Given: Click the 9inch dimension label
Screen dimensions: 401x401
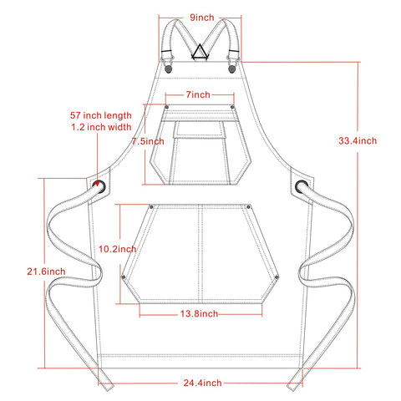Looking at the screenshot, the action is point(202,18).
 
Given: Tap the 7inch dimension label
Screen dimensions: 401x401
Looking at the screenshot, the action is point(198,94).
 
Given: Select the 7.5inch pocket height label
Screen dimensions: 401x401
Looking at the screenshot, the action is point(148,141).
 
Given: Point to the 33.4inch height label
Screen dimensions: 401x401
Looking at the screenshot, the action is point(358,140).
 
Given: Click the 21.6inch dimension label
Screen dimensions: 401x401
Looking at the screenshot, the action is point(46,272).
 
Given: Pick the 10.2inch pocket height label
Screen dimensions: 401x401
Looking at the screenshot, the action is point(118,249).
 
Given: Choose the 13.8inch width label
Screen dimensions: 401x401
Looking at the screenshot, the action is point(199,314).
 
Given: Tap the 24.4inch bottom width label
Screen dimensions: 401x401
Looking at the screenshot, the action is point(202,383).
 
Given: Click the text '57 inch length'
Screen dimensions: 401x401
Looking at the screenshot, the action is point(101,115).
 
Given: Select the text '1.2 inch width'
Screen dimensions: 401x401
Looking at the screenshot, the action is point(101,127).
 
